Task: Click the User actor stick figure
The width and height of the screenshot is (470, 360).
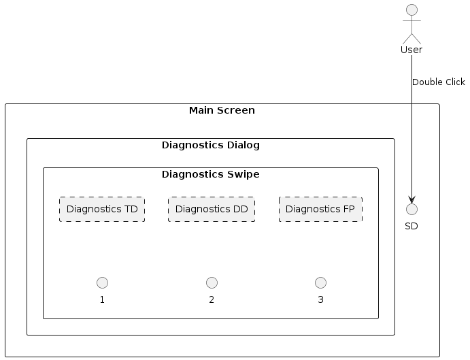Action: pyautogui.click(x=412, y=24)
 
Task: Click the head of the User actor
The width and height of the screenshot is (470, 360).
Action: pyautogui.click(x=412, y=10)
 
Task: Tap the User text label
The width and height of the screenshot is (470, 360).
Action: pyautogui.click(x=412, y=50)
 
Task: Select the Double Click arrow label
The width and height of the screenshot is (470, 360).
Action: pyautogui.click(x=439, y=82)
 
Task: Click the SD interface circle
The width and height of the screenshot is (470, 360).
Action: pyautogui.click(x=412, y=208)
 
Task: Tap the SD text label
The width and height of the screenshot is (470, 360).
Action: pyautogui.click(x=412, y=226)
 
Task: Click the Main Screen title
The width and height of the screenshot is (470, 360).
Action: pyautogui.click(x=222, y=110)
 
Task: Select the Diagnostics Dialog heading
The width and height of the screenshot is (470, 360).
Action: pyautogui.click(x=211, y=145)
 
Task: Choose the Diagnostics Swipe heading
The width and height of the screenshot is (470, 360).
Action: pyautogui.click(x=211, y=174)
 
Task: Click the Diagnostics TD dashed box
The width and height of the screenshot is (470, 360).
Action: pyautogui.click(x=102, y=209)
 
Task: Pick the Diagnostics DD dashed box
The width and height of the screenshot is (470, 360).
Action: pyautogui.click(x=212, y=209)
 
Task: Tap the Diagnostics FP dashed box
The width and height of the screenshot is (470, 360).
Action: pyautogui.click(x=320, y=209)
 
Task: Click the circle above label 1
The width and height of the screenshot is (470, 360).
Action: pyautogui.click(x=103, y=282)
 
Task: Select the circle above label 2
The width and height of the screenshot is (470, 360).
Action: pyautogui.click(x=212, y=282)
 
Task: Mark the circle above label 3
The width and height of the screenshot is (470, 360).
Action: pyautogui.click(x=320, y=282)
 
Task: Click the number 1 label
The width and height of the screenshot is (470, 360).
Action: pyautogui.click(x=103, y=300)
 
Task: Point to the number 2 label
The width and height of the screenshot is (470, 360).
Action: pyautogui.click(x=212, y=300)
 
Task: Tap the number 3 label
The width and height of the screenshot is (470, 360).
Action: pyautogui.click(x=320, y=300)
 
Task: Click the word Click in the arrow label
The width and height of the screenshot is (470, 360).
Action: pyautogui.click(x=454, y=82)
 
